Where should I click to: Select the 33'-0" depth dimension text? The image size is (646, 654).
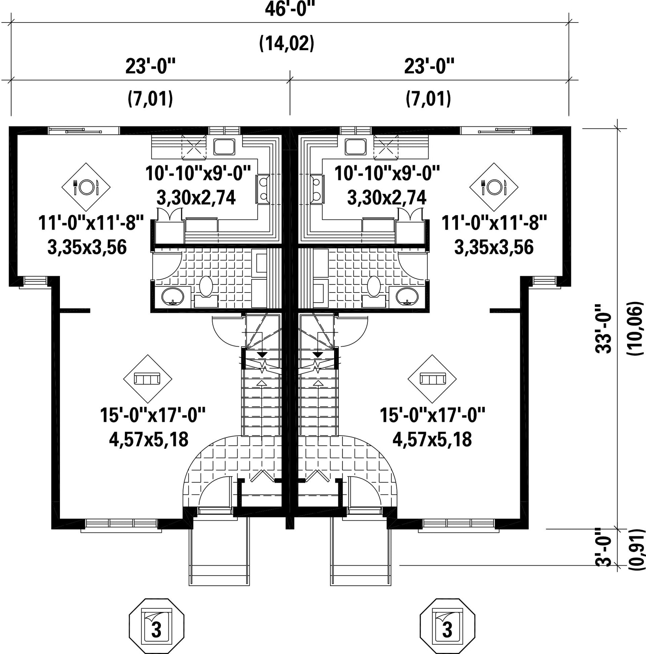(603, 328)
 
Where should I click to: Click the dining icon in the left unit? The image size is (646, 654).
(86, 187)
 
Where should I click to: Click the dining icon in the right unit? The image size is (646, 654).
(493, 187)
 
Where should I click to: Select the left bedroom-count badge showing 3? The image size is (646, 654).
(157, 626)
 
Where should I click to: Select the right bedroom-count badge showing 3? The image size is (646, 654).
(447, 626)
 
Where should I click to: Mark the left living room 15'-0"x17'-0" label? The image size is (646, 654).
(153, 415)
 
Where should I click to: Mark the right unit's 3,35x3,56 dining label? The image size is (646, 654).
(494, 248)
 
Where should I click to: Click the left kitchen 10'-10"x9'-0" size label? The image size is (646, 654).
(198, 174)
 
